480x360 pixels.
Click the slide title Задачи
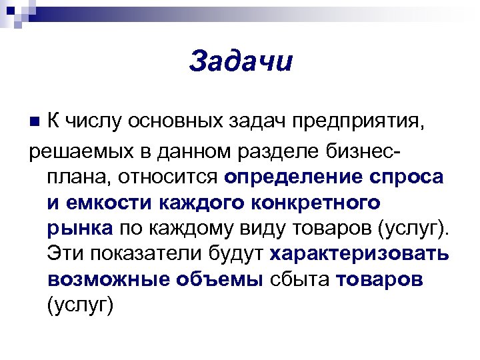[241, 61]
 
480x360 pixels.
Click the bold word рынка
[80, 228]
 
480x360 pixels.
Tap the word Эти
[66, 254]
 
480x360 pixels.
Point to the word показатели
[141, 254]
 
